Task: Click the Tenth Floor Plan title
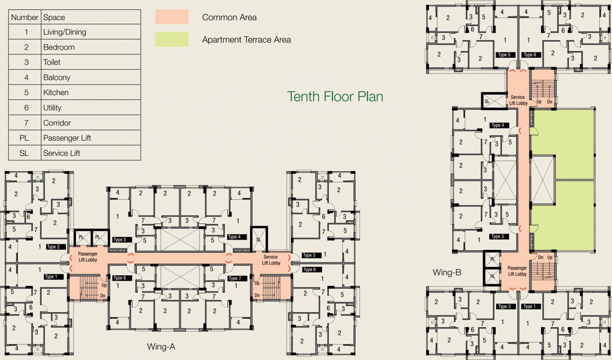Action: (x=335, y=97)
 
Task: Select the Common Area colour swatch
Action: (x=172, y=17)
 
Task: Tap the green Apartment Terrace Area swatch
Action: (x=172, y=39)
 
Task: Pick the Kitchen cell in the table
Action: (x=56, y=92)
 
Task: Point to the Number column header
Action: (x=25, y=17)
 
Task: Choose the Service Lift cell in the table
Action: (x=61, y=153)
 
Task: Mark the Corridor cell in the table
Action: (x=57, y=123)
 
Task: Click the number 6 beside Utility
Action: (x=26, y=107)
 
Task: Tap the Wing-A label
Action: (x=161, y=347)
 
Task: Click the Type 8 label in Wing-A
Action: (x=120, y=278)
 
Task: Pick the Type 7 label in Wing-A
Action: (x=234, y=278)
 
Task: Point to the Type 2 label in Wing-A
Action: (x=53, y=247)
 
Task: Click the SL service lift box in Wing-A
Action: (x=258, y=239)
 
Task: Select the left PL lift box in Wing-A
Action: (x=82, y=238)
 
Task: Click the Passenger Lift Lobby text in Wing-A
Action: (x=88, y=257)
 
